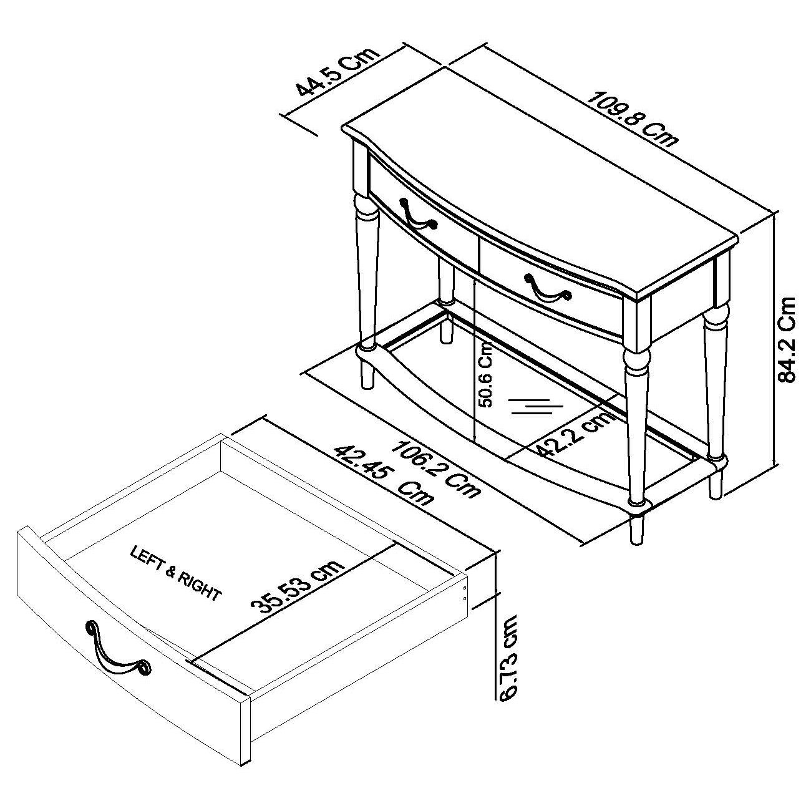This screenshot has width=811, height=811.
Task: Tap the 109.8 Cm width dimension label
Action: pos(632,119)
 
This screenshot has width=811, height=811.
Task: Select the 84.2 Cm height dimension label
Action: pos(786,339)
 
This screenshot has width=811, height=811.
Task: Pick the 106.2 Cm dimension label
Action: pos(435,469)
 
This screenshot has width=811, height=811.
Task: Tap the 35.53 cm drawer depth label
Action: pos(298,586)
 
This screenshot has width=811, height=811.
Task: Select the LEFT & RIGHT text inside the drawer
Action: pos(175,573)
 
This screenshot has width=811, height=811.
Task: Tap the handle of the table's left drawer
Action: pos(418,215)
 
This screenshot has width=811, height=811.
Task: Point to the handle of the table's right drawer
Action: pos(548,288)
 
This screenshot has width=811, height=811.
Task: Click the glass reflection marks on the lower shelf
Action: pos(537,407)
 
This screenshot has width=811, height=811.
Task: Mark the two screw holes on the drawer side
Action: pos(465,593)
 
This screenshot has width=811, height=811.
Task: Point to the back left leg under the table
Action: pos(446,301)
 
